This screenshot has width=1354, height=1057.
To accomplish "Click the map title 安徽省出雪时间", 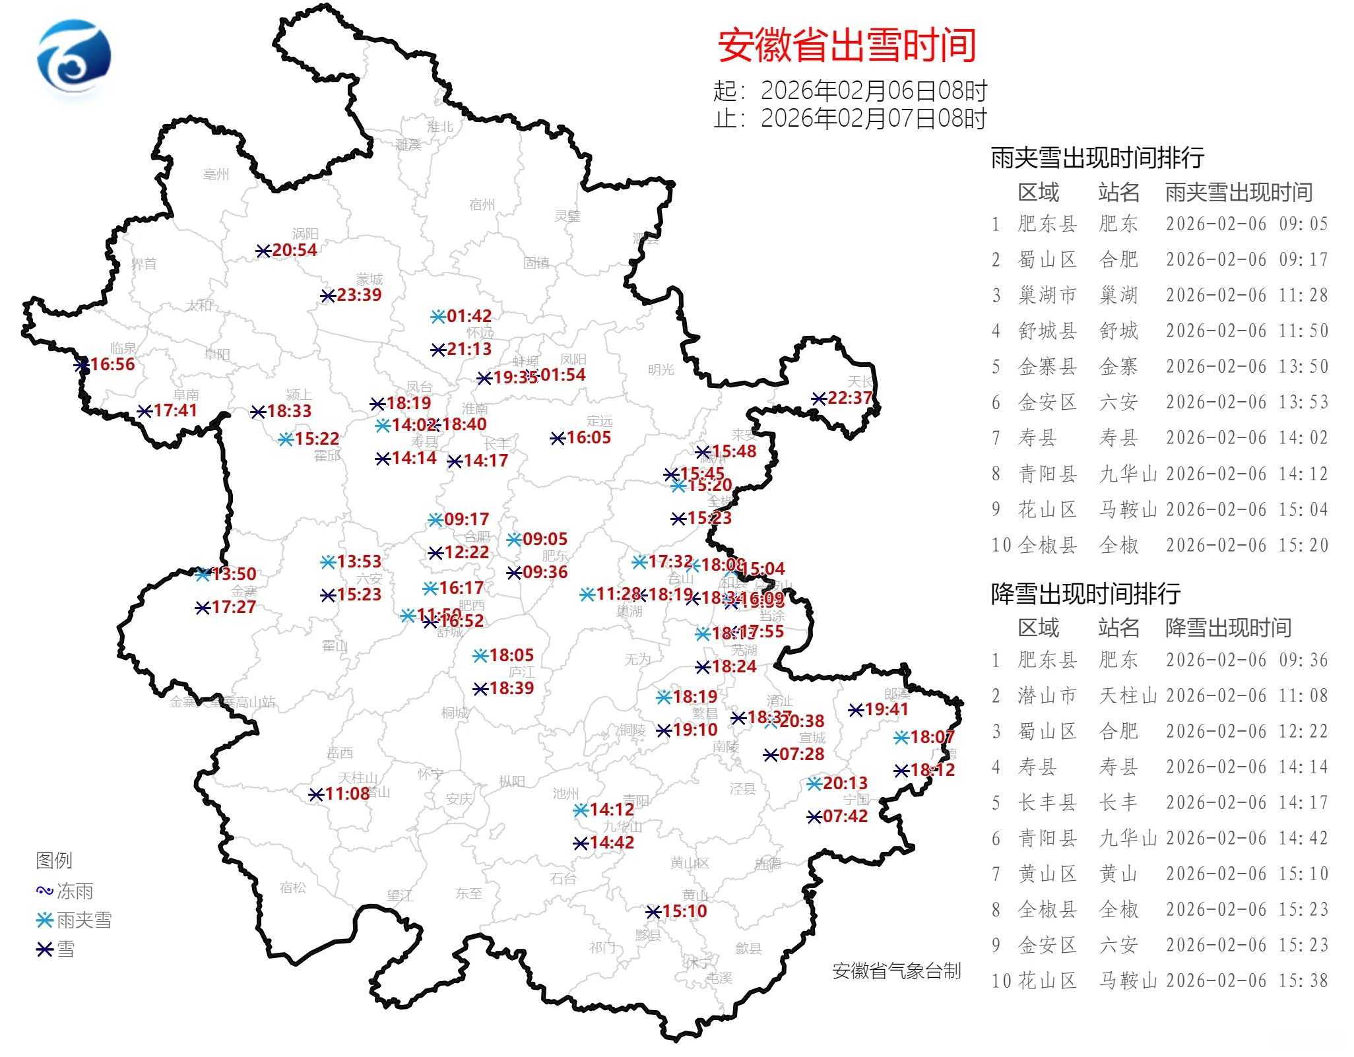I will [x=847, y=46].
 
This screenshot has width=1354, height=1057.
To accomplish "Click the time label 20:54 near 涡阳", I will [x=294, y=250].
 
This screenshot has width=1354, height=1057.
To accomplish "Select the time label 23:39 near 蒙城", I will [x=359, y=295].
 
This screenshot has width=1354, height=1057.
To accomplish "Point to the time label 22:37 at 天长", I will [x=849, y=398].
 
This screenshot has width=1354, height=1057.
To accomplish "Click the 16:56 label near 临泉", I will [x=112, y=364].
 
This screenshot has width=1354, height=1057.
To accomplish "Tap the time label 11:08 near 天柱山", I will [x=347, y=794].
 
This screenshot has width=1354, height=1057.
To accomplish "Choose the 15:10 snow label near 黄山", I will [x=684, y=911].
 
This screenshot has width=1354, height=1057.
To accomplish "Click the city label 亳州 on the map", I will [x=216, y=174].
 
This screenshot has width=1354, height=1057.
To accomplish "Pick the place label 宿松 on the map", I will [x=292, y=887].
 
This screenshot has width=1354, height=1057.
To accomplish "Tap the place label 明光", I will [x=661, y=369].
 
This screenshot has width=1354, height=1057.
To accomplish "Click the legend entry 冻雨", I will [x=74, y=891].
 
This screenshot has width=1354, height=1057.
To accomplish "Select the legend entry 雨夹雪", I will [x=83, y=920].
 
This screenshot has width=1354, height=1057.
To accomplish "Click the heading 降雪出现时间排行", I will [x=1085, y=594].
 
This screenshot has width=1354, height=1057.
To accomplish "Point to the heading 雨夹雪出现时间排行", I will [x=1097, y=158].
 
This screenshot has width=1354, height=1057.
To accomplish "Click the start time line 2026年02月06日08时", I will [x=873, y=90].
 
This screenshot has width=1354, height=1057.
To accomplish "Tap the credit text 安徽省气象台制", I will [x=896, y=971].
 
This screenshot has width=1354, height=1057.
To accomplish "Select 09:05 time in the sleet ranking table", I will [x=1303, y=224].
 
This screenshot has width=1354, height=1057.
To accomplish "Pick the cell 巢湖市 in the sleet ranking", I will [x=1047, y=295].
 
